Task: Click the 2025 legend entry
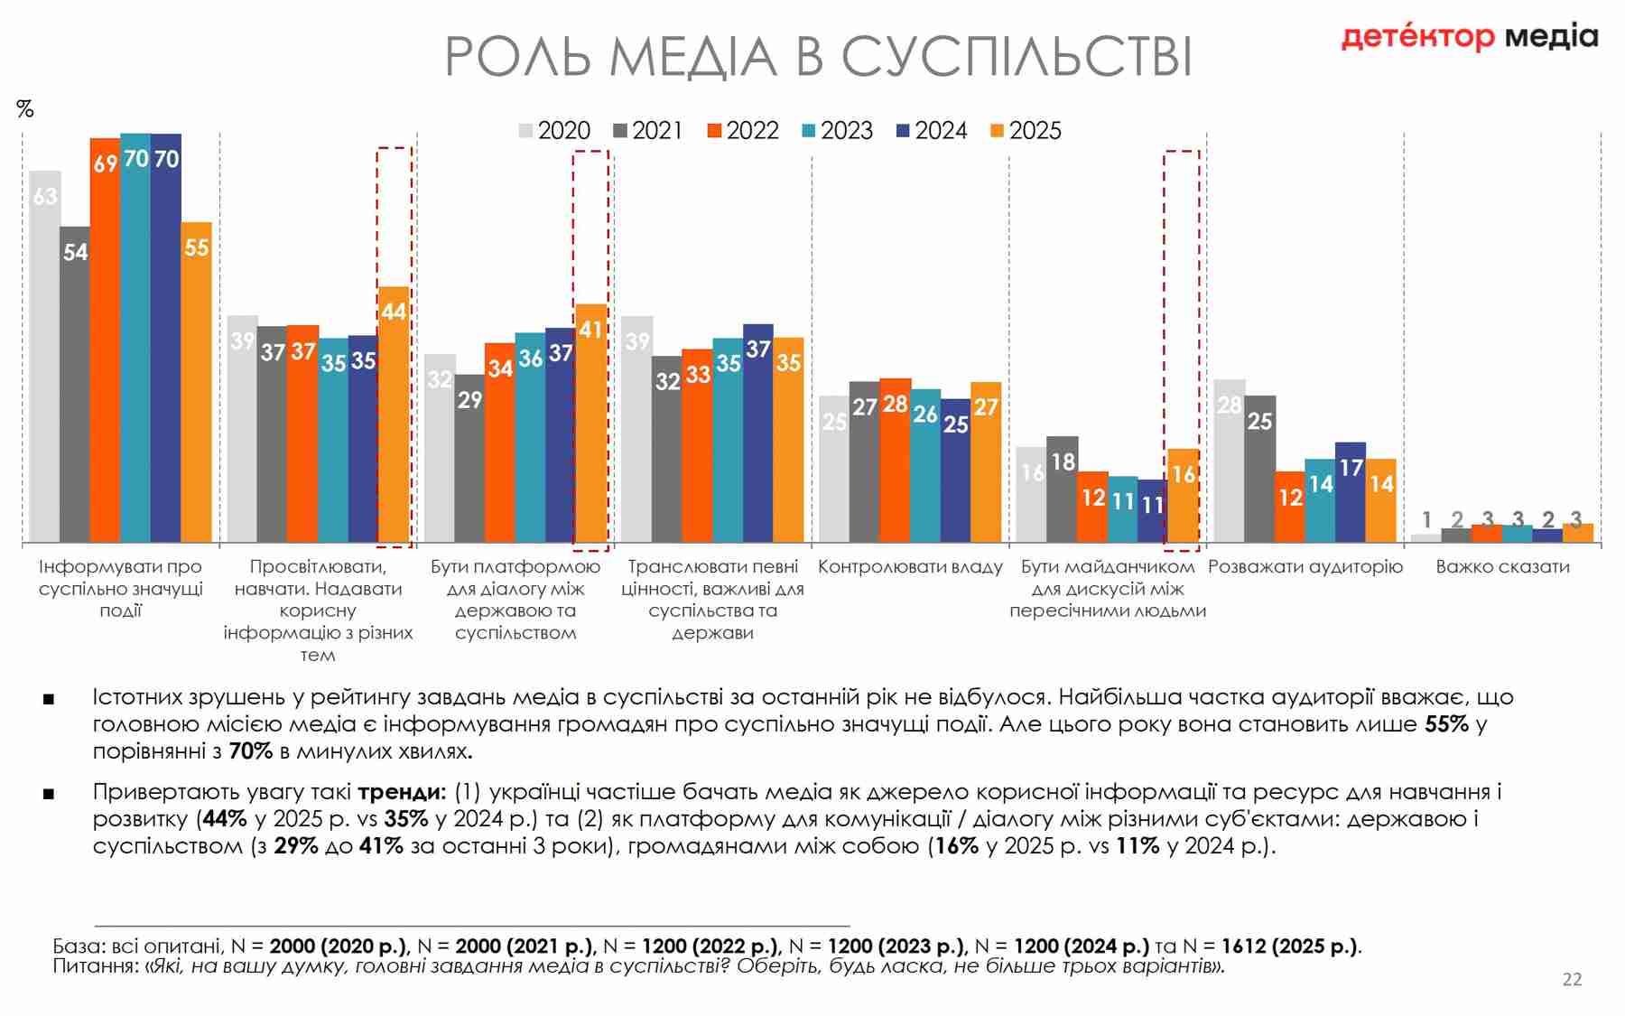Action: (x=1026, y=131)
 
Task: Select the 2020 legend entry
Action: (x=554, y=131)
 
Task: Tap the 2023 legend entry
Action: (x=837, y=131)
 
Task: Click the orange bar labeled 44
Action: (x=394, y=415)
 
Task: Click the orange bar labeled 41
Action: (x=590, y=424)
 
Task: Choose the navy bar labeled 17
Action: (x=1351, y=492)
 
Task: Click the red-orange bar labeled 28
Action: (x=895, y=461)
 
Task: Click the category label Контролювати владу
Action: (x=910, y=567)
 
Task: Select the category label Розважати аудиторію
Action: (x=1305, y=567)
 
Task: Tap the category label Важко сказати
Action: (x=1502, y=567)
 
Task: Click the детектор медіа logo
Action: (x=1470, y=37)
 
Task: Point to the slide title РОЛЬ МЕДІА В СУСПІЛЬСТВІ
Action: (x=818, y=56)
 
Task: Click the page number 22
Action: (x=1572, y=979)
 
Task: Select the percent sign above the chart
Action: (x=25, y=109)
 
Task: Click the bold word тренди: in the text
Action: (x=402, y=792)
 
